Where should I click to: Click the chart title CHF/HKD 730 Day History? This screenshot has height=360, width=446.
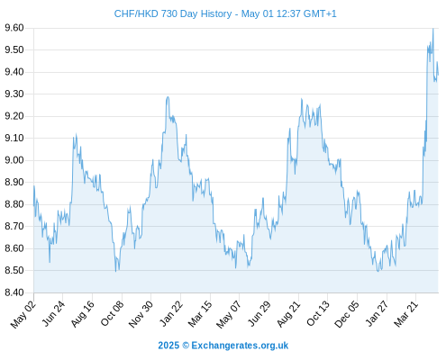tap(173, 13)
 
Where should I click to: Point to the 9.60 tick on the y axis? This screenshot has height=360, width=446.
tap(14, 28)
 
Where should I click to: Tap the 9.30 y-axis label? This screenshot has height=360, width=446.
tap(14, 94)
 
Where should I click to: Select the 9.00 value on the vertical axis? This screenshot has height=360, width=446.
tap(14, 160)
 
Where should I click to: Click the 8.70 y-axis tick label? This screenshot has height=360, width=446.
tap(14, 226)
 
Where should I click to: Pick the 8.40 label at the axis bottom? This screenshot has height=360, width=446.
tap(14, 292)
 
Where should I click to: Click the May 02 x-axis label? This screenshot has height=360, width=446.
tap(23, 314)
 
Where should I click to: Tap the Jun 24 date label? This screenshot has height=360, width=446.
tap(53, 314)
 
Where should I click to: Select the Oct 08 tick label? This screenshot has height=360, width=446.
tap(112, 314)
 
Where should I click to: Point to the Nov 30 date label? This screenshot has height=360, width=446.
tap(141, 314)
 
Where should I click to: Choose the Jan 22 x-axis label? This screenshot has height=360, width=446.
tap(171, 314)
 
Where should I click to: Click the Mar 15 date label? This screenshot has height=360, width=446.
tap(200, 314)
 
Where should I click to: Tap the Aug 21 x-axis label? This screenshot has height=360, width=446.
tap(288, 314)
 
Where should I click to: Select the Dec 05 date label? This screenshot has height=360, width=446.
tap(347, 314)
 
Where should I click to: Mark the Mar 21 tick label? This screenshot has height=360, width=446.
tap(405, 314)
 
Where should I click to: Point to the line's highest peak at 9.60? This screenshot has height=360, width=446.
tap(432, 29)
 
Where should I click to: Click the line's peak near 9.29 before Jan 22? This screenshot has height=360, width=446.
tap(168, 97)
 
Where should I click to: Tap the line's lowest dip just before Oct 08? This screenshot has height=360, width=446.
tap(115, 272)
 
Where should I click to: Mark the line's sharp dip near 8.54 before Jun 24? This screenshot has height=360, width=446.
tap(50, 262)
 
